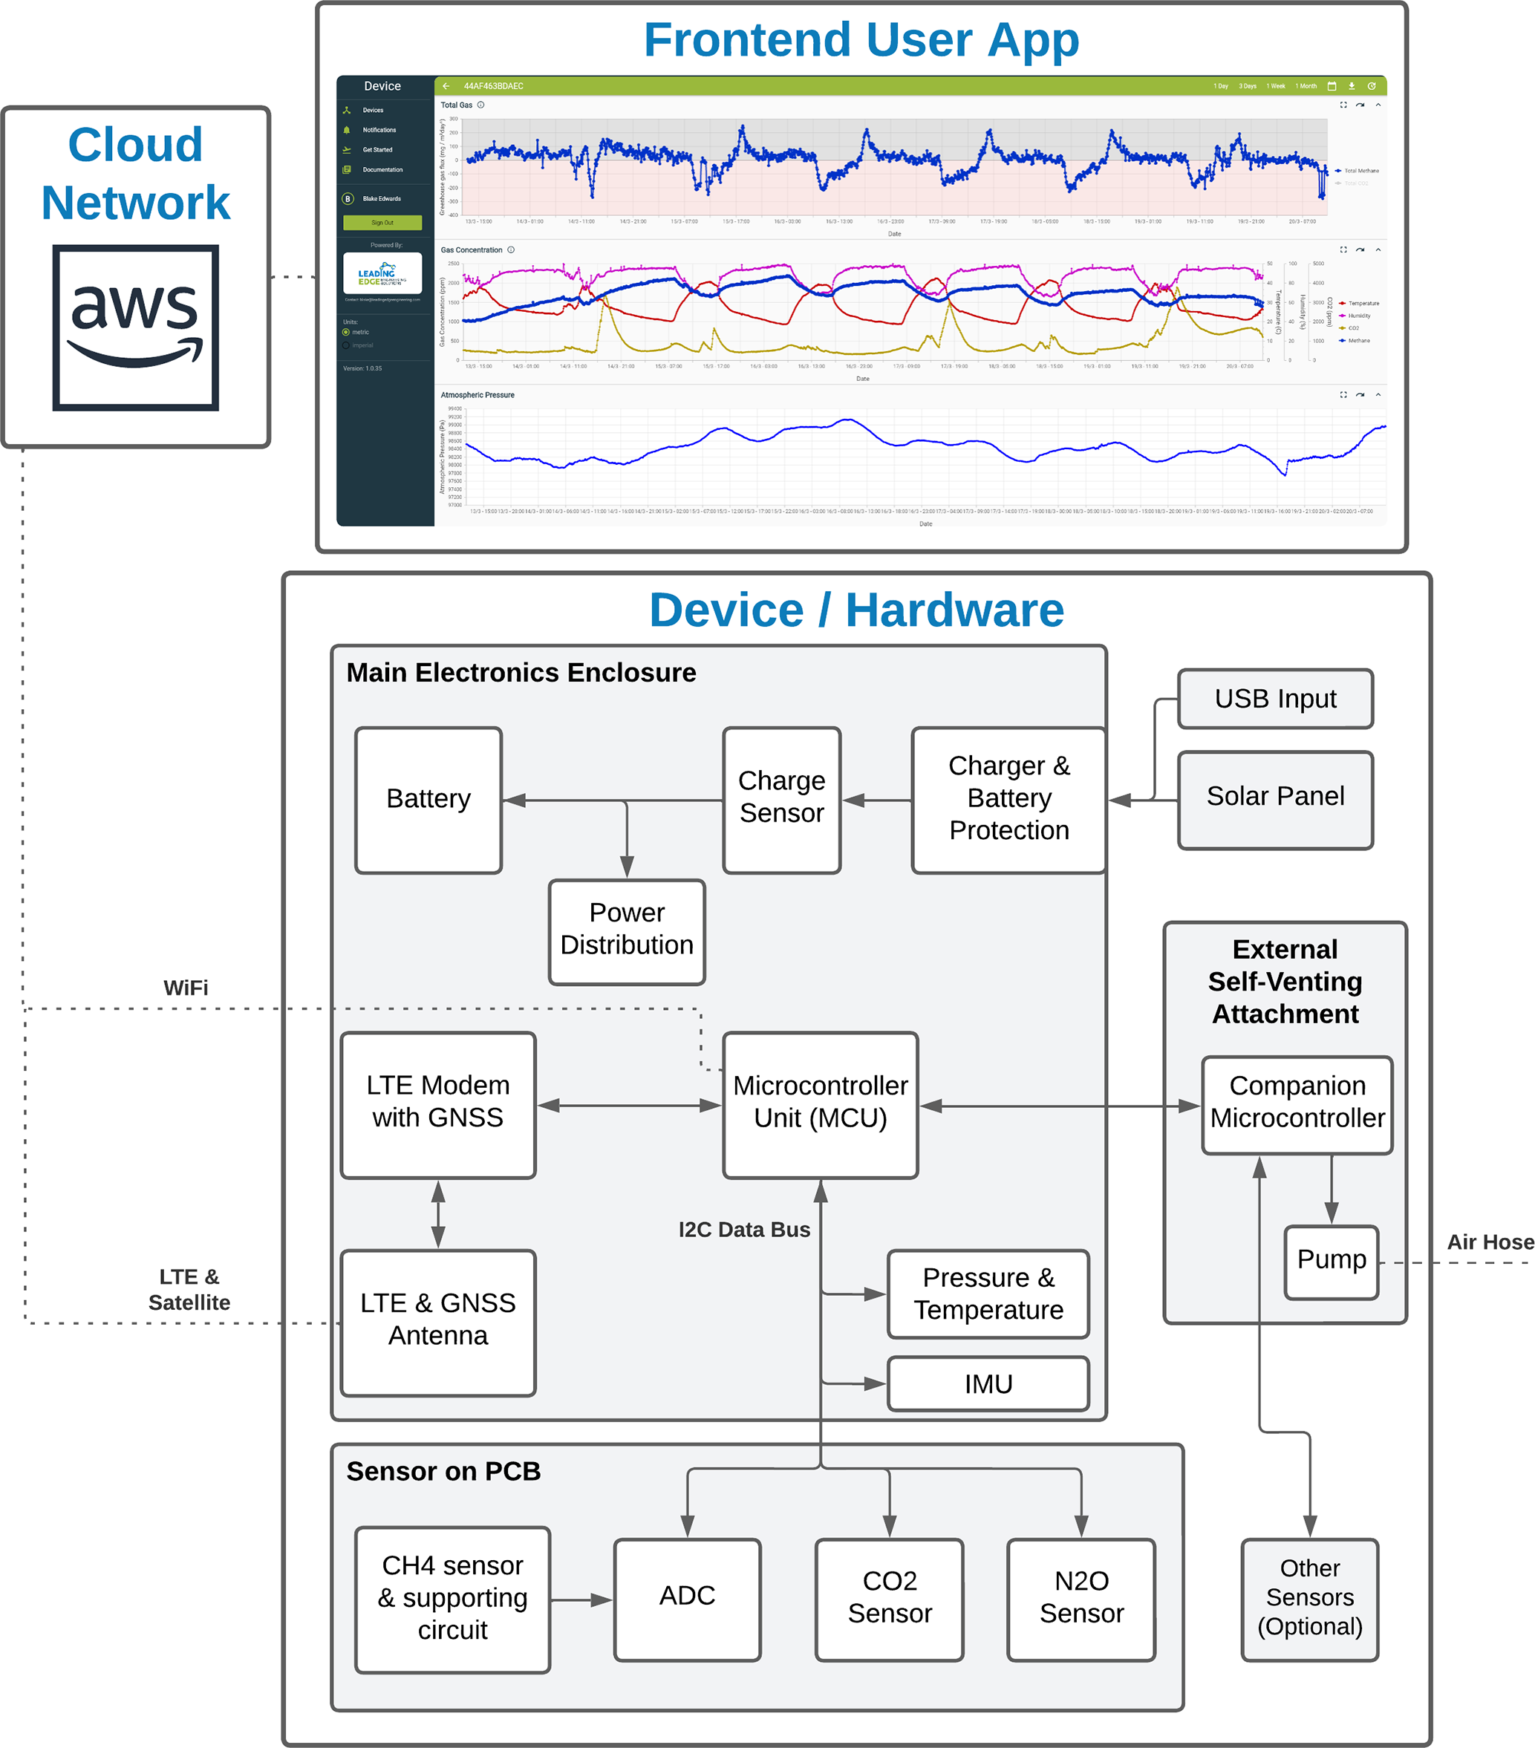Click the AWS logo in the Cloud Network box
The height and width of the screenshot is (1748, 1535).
tap(135, 327)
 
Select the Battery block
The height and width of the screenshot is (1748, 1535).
tap(428, 799)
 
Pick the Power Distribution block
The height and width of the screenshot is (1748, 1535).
tap(627, 930)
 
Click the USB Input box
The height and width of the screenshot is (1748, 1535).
tap(1274, 699)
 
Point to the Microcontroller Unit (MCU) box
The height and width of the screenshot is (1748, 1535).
tap(820, 1103)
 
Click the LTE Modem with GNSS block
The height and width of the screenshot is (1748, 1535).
tap(438, 1103)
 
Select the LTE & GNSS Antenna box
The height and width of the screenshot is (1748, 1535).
tap(438, 1320)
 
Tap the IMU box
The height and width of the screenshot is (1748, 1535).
tap(988, 1383)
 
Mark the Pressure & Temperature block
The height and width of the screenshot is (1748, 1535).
tap(988, 1294)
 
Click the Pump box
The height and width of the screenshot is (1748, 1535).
tap(1331, 1261)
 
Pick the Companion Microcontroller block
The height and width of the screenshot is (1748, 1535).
tap(1297, 1103)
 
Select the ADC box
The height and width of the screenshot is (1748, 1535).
tap(687, 1597)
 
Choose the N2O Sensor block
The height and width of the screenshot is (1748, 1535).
tap(1081, 1597)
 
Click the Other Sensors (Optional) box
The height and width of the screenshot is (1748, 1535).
tap(1309, 1597)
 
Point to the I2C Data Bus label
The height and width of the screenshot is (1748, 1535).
tap(744, 1229)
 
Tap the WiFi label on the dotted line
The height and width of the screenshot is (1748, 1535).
tap(186, 988)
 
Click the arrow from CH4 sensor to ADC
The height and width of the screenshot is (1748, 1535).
tap(581, 1599)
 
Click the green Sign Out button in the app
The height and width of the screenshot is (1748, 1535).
tap(382, 222)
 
